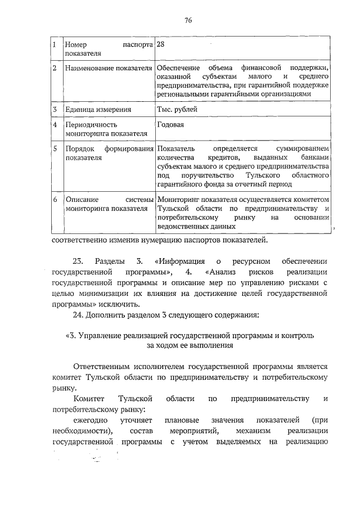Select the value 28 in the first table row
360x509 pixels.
tap(161, 44)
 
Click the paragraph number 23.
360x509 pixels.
tap(79, 262)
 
